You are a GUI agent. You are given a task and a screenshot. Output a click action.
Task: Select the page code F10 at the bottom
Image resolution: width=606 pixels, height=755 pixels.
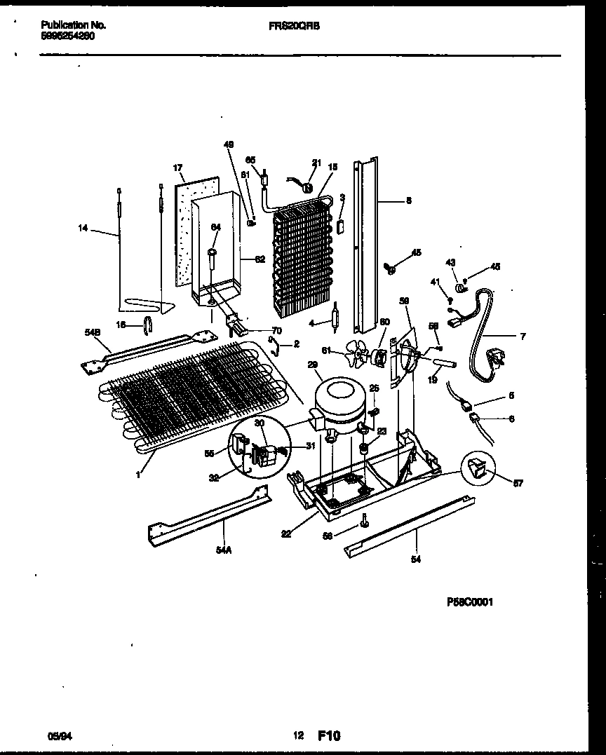tap(329, 735)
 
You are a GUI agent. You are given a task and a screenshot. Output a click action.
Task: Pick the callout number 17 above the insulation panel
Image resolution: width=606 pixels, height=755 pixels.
tap(177, 168)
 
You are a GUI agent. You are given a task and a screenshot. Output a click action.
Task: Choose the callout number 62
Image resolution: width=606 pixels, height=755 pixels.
tap(260, 259)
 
